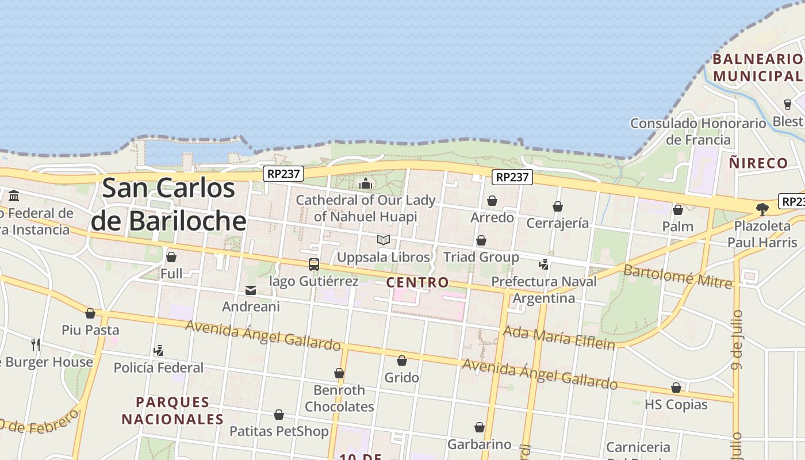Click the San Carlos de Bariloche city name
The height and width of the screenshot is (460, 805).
tap(168, 205)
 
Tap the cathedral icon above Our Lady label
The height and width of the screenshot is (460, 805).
tap(366, 184)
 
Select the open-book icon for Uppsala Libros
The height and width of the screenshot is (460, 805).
tap(384, 240)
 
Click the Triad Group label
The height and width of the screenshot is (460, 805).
tap(481, 257)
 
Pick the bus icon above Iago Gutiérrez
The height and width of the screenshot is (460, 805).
tap(314, 264)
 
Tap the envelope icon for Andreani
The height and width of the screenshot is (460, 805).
tap(251, 290)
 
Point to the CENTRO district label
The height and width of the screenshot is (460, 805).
tap(417, 282)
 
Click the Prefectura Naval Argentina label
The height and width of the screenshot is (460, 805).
tap(544, 290)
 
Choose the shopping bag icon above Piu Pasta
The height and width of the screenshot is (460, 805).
tap(90, 313)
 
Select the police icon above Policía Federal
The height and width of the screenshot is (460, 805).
tap(158, 350)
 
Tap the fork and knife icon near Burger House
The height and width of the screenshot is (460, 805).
tap(36, 345)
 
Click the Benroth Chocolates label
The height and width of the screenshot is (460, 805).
tap(339, 398)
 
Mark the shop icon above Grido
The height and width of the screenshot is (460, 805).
tap(402, 361)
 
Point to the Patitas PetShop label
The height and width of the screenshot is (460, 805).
tap(279, 431)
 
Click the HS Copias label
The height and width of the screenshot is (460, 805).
tap(676, 404)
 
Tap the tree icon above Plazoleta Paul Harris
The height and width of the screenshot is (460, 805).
tap(762, 209)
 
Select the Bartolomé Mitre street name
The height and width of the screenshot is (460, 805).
tap(678, 277)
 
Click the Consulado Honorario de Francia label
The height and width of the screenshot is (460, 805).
tap(698, 132)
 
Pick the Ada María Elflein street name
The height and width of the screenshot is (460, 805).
tap(559, 338)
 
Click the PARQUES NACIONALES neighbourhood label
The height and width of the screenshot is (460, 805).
tap(172, 411)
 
